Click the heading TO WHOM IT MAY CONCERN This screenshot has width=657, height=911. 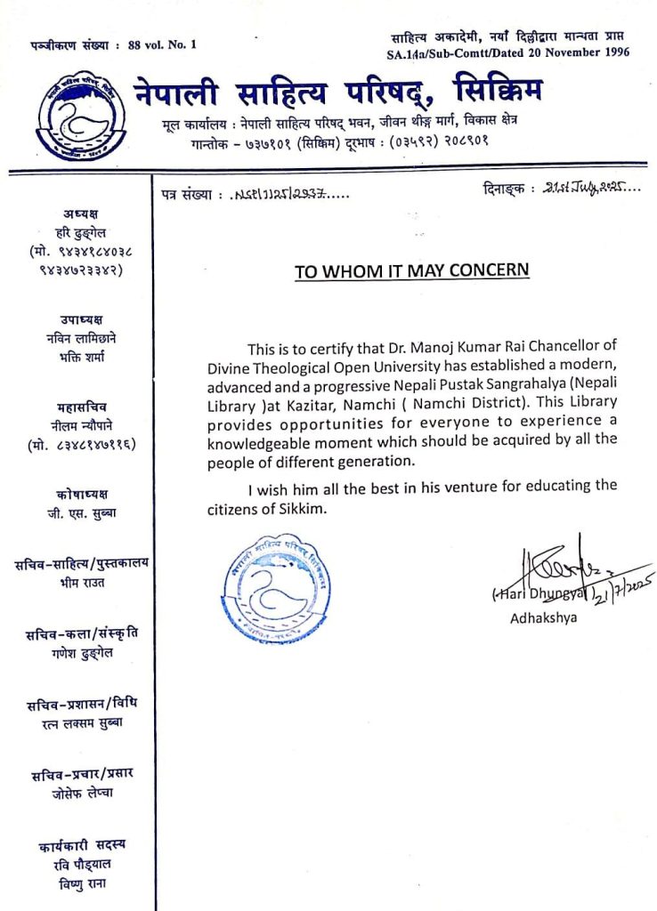click(x=411, y=271)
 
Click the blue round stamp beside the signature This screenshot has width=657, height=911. click(x=277, y=587)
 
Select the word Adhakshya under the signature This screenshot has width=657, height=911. click(x=543, y=618)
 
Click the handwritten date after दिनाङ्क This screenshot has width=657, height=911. click(x=583, y=189)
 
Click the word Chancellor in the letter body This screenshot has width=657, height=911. click(x=570, y=346)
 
